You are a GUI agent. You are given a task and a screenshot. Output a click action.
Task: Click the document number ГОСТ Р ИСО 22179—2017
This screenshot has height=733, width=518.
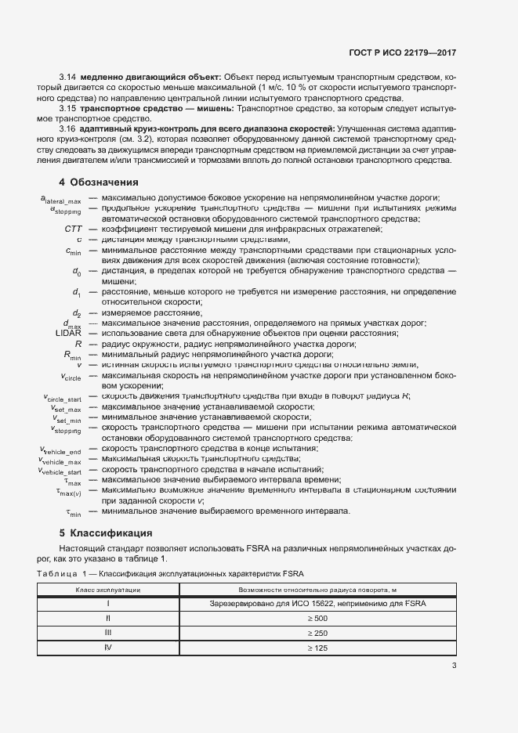pos(402,52)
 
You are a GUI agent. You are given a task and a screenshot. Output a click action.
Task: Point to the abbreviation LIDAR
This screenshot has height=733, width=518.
pos(69,333)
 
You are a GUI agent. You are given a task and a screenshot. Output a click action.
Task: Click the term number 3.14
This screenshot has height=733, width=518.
pos(67,78)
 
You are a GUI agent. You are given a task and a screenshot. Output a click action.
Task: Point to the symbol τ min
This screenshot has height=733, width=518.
pos(71,512)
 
